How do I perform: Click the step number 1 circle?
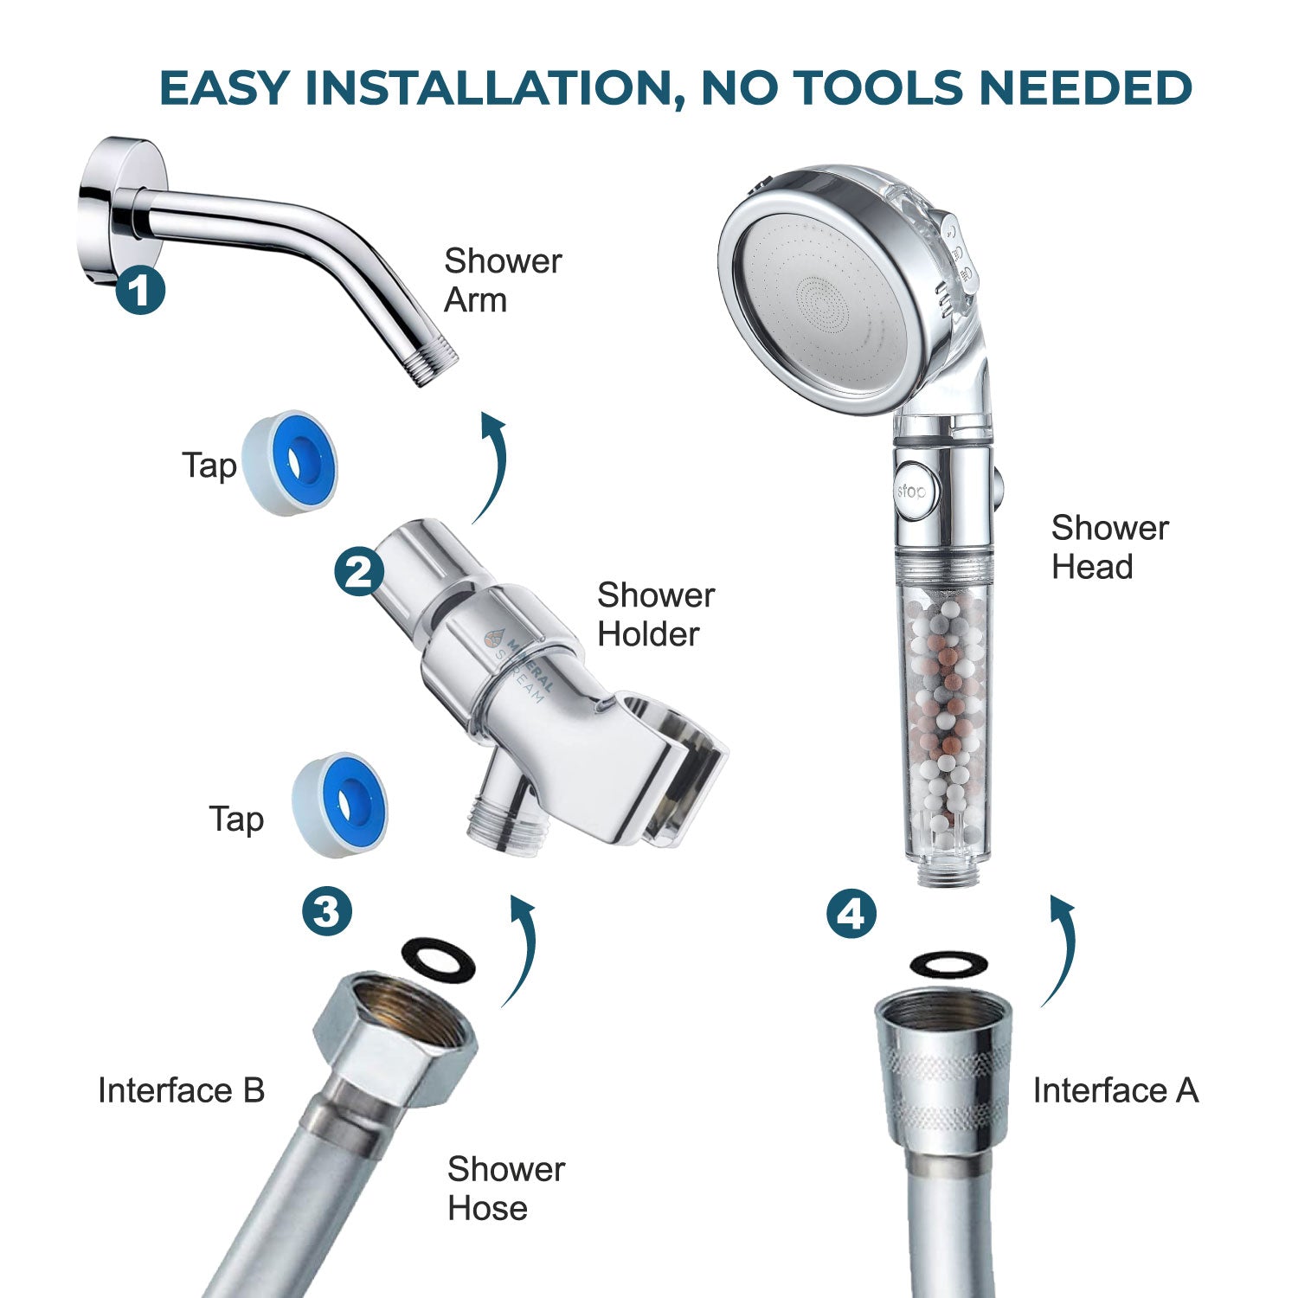point(140,291)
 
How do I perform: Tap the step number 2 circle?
point(359,570)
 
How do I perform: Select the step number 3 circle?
point(327,910)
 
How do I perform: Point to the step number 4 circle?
point(851,914)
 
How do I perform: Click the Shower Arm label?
point(502,280)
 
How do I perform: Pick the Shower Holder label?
point(655,614)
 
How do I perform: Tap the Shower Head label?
point(1108,547)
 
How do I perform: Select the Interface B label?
point(181,1090)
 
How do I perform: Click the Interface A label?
point(1115,1090)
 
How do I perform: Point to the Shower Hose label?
point(505,1188)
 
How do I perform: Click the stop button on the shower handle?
point(909,492)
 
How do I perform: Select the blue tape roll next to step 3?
point(339,805)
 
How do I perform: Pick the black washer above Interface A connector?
point(950,964)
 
